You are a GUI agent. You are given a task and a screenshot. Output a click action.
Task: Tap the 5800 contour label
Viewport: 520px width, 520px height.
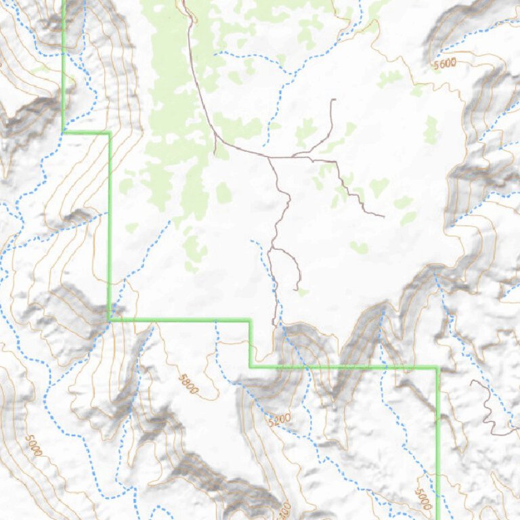tap(189, 384)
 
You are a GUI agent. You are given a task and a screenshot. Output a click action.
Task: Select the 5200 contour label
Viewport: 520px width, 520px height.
tap(279, 420)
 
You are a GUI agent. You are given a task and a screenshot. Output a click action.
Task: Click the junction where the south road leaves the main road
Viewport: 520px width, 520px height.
tap(269, 158)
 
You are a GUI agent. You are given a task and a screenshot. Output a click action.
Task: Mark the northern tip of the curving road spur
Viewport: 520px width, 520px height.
tap(333, 100)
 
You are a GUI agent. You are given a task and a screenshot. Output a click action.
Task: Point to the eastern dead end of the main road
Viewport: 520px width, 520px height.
tap(383, 217)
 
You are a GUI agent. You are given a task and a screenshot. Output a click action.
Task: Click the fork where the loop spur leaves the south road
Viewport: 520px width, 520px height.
tap(272, 249)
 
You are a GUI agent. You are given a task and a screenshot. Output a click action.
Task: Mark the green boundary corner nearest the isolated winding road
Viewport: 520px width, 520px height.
tap(437, 368)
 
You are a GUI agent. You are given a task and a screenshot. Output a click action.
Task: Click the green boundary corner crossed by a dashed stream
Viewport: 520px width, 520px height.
tap(110, 319)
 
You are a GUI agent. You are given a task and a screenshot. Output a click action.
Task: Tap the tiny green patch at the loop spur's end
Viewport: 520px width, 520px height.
tap(303, 292)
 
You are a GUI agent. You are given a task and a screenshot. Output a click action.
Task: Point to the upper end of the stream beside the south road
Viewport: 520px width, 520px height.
tap(252, 240)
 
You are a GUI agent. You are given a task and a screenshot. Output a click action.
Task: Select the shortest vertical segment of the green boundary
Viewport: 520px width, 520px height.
tap(250, 343)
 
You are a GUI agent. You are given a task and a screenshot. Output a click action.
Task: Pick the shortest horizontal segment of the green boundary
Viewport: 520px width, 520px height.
tap(86, 133)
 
